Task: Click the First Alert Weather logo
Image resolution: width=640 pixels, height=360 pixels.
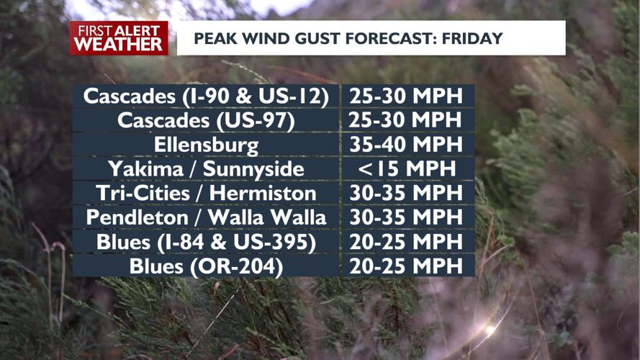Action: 119,38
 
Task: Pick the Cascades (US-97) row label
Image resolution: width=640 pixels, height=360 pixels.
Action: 206,120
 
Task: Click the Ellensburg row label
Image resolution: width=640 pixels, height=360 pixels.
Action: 206,145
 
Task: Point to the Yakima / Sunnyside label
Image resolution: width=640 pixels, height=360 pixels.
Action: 206,169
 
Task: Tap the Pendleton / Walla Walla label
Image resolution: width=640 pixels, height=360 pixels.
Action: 206,217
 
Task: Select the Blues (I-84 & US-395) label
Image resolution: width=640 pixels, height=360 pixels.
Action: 206,242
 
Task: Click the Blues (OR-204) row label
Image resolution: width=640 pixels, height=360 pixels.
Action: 206,266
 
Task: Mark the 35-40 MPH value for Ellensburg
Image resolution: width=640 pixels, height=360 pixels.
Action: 406,145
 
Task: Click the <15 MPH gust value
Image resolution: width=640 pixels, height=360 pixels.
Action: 406,169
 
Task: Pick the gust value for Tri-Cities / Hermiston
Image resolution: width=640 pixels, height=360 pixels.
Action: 406,193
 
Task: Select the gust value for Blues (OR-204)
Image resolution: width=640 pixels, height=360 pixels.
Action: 406,266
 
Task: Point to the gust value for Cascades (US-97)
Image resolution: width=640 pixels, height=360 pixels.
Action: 406,120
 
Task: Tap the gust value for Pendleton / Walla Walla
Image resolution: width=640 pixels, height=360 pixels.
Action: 406,217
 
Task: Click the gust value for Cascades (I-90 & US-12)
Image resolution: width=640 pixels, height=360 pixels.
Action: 406,96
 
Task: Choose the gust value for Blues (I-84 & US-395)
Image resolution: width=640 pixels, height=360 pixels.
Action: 406,242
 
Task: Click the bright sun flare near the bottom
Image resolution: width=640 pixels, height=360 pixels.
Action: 490,330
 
